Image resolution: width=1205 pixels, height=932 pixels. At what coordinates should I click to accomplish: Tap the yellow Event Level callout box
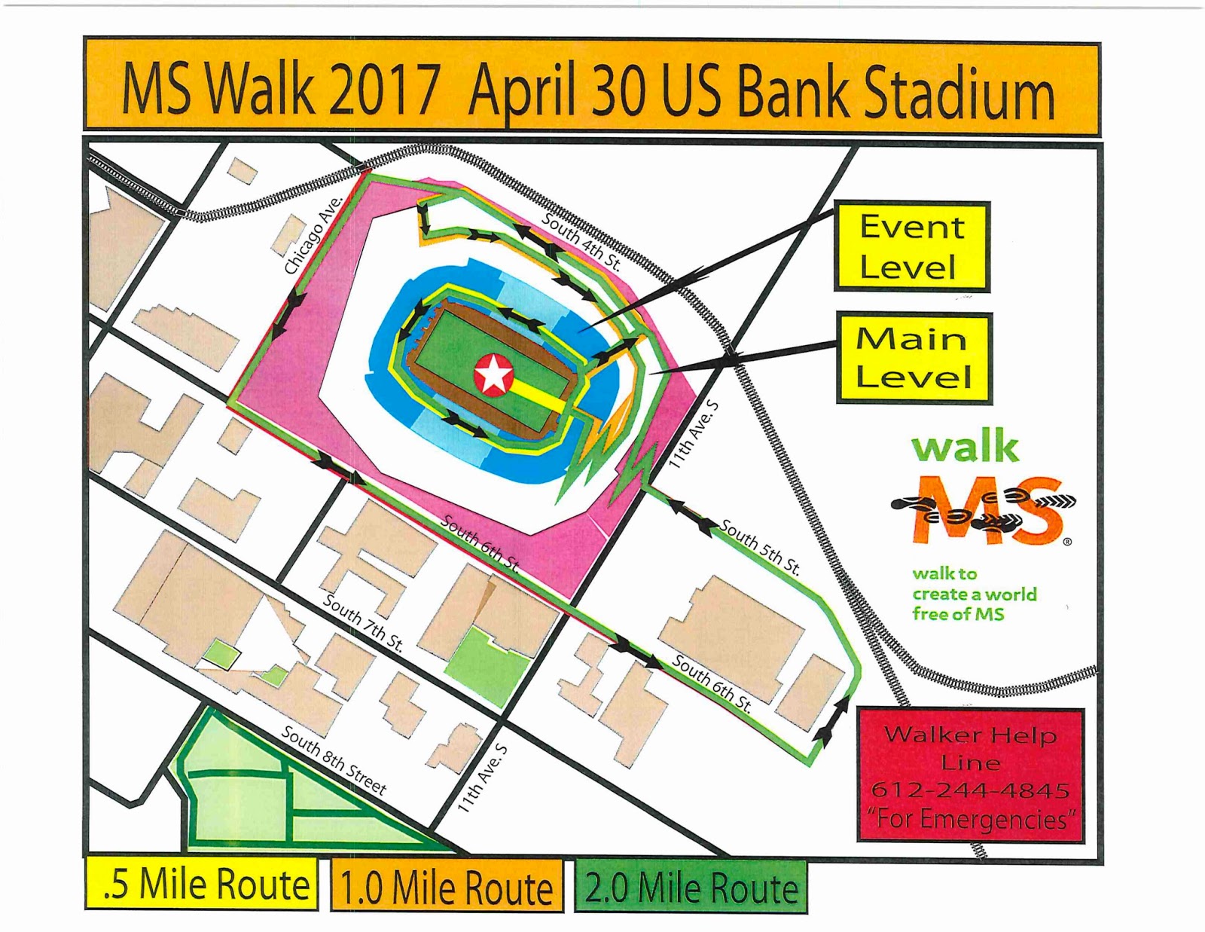911,246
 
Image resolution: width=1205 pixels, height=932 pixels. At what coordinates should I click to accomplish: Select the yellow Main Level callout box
913,359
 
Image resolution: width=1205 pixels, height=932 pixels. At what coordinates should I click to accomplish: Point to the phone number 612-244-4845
970,790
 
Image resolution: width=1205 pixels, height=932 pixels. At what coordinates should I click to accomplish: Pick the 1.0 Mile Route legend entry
447,887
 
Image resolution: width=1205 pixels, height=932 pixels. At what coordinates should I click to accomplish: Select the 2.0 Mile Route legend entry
690,887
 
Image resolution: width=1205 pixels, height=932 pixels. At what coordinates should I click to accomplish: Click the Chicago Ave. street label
313,235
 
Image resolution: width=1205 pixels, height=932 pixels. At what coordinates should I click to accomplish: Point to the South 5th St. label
760,547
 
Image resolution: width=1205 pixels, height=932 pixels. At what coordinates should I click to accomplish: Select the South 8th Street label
334,761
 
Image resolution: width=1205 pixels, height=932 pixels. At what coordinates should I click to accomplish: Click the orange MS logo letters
987,509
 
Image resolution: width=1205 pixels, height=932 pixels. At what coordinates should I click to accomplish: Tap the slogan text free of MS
958,614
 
